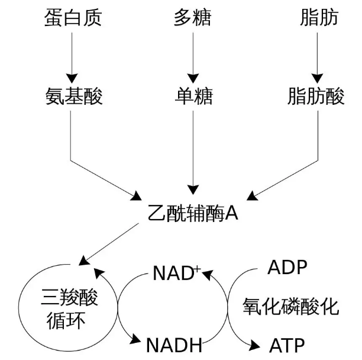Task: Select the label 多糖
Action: point(193,18)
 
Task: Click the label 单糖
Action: point(193,95)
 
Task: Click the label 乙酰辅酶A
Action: point(193,212)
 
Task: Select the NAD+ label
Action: point(177,274)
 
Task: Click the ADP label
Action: point(287,268)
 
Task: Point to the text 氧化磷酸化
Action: point(290,306)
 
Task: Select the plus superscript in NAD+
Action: point(199,269)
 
